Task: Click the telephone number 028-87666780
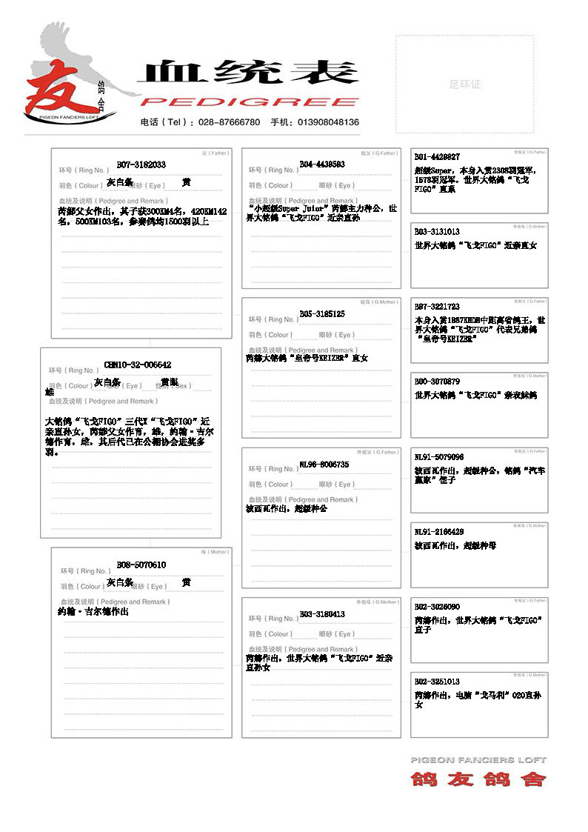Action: [227, 122]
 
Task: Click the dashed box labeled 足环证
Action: [464, 84]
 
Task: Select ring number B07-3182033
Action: [141, 164]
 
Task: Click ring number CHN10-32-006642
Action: [138, 365]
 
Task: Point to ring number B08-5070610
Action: [141, 565]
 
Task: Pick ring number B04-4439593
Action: [322, 164]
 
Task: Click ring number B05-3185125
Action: [322, 314]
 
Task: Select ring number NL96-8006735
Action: [324, 465]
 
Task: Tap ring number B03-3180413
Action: [322, 614]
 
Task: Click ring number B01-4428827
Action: [437, 157]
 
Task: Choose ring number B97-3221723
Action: [437, 307]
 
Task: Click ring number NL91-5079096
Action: [439, 457]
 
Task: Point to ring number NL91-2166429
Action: [439, 532]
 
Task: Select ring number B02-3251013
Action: [437, 682]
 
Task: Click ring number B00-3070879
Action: [437, 382]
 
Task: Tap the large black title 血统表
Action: [248, 72]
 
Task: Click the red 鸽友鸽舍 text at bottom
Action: [478, 779]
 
